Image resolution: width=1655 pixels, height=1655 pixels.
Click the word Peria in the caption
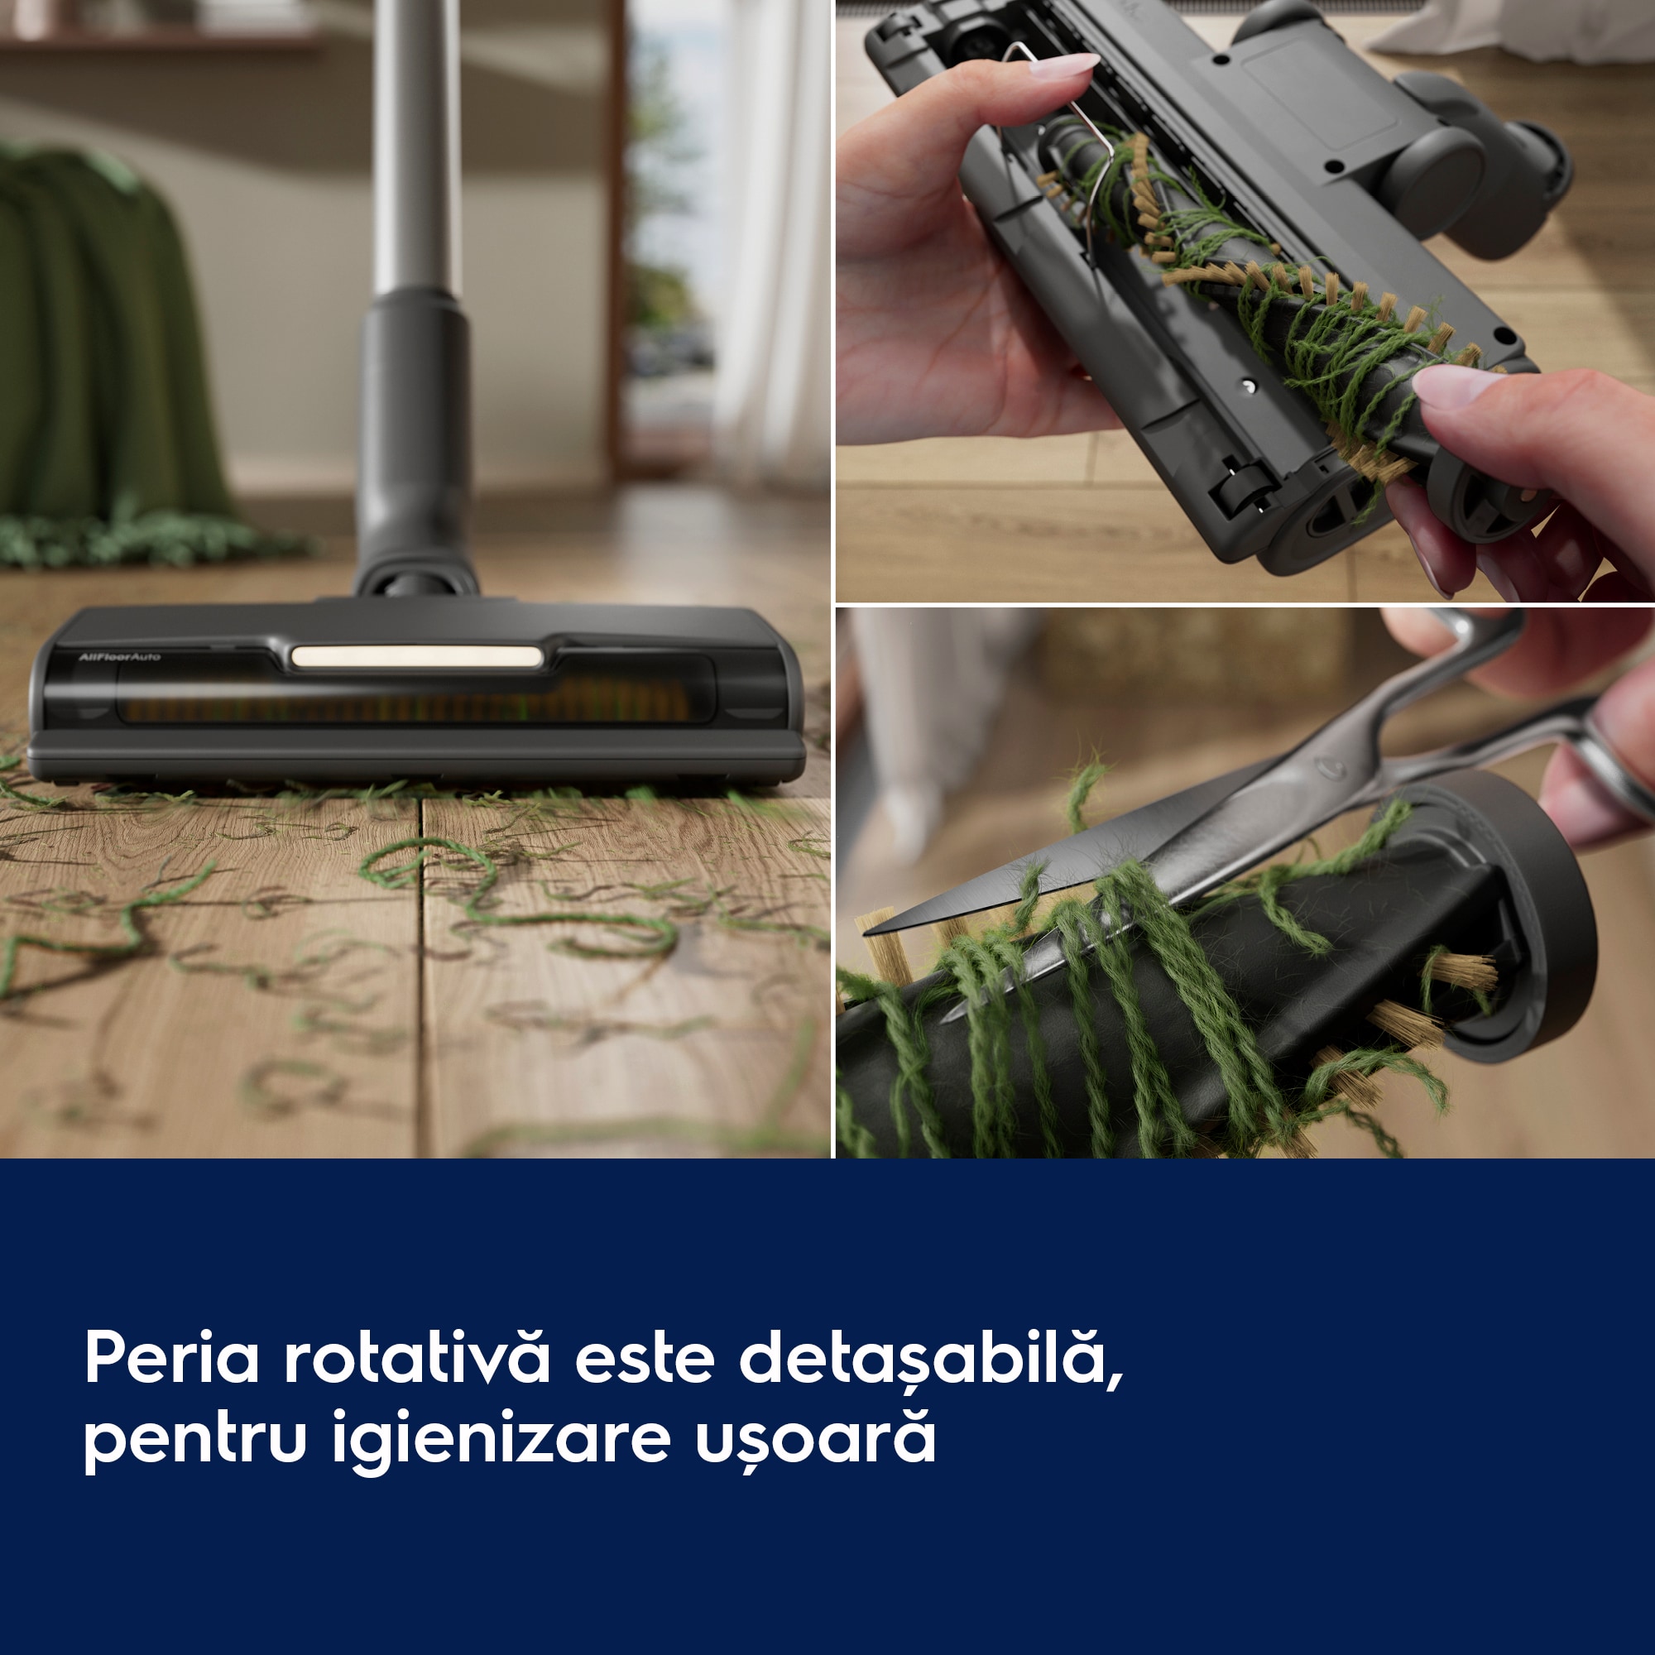tap(171, 1358)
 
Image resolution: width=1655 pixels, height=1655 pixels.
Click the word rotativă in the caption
tap(416, 1358)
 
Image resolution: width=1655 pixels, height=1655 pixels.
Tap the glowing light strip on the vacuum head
tap(417, 657)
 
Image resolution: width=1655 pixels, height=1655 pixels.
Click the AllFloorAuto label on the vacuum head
tap(119, 657)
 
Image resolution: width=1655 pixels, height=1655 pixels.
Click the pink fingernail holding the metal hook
tap(1065, 65)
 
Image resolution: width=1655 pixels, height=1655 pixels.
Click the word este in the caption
tap(644, 1358)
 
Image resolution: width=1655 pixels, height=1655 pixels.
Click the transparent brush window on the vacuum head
tap(411, 703)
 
